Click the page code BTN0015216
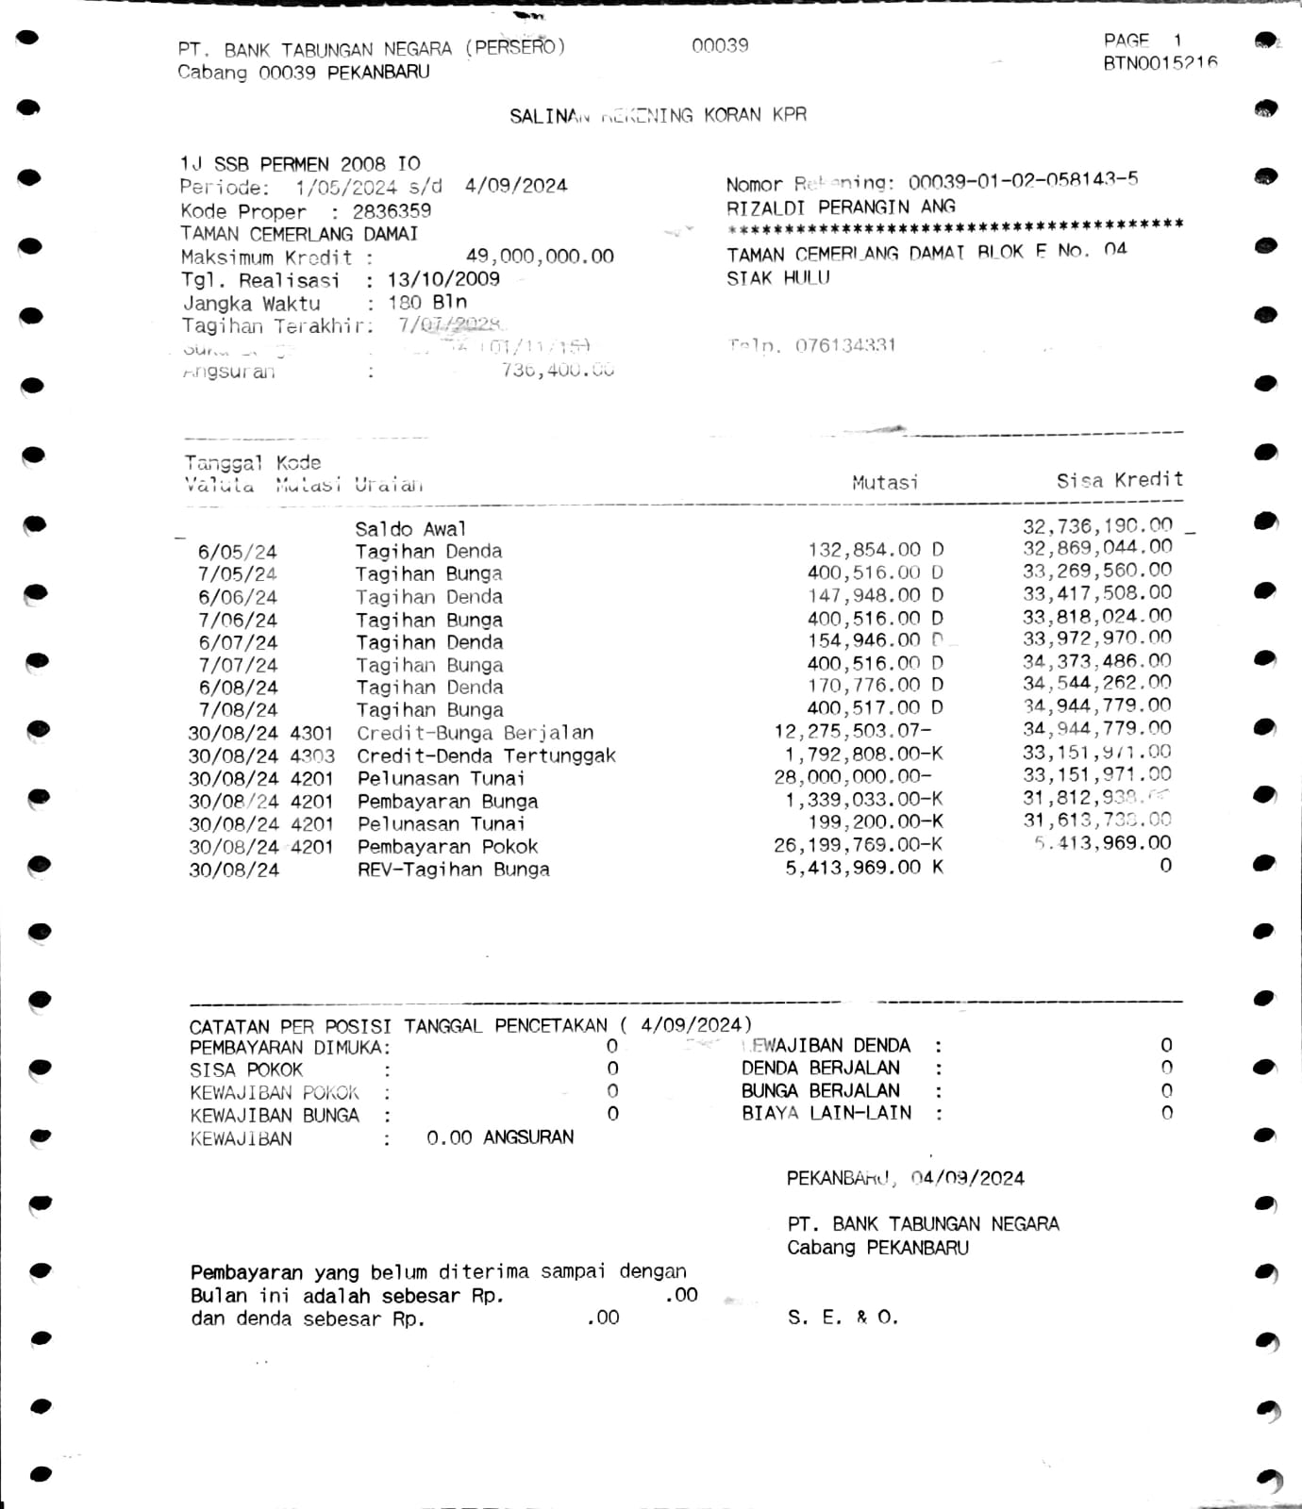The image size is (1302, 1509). point(1160,63)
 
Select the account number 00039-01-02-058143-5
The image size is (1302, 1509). point(1023,180)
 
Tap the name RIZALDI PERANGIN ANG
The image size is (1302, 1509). point(841,207)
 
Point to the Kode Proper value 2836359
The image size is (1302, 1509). point(392,211)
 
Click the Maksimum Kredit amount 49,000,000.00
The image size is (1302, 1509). point(540,257)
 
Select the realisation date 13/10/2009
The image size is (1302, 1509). point(443,279)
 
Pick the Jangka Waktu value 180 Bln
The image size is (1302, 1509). point(427,303)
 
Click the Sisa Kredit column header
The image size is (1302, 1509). point(1119,480)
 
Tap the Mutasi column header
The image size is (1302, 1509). point(884,483)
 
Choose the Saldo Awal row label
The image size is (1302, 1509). point(410,529)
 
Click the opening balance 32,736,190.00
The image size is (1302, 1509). point(1097,525)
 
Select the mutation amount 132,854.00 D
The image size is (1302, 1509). point(875,550)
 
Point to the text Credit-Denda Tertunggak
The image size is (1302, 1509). point(486,755)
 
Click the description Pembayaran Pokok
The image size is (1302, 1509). point(447,846)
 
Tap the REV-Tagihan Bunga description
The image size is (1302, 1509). point(453,869)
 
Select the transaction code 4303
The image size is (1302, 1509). point(312,755)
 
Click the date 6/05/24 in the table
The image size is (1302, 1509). point(237,552)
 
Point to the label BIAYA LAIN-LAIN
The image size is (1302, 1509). point(826,1113)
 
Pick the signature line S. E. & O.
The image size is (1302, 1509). point(843,1318)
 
